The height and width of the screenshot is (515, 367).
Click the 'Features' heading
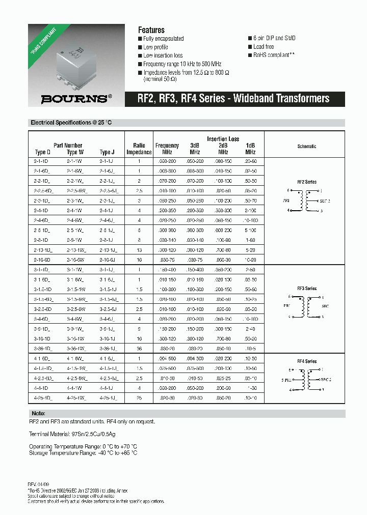[x=151, y=30]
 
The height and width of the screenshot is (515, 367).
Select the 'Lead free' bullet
[x=265, y=47]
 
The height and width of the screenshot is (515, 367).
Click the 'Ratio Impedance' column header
[x=139, y=149]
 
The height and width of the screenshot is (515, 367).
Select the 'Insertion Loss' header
[x=223, y=139]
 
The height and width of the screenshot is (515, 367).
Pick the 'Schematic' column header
[x=307, y=146]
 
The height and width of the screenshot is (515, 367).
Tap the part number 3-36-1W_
[x=75, y=349]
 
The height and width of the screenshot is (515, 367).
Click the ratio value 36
[x=139, y=349]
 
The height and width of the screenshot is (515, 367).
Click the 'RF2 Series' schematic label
[x=307, y=182]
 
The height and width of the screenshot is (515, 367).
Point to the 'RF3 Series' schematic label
[x=307, y=289]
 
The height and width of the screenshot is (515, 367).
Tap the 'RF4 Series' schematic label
[x=307, y=361]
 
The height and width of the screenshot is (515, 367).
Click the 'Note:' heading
[x=38, y=413]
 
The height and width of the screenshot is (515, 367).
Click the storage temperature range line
[x=83, y=452]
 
